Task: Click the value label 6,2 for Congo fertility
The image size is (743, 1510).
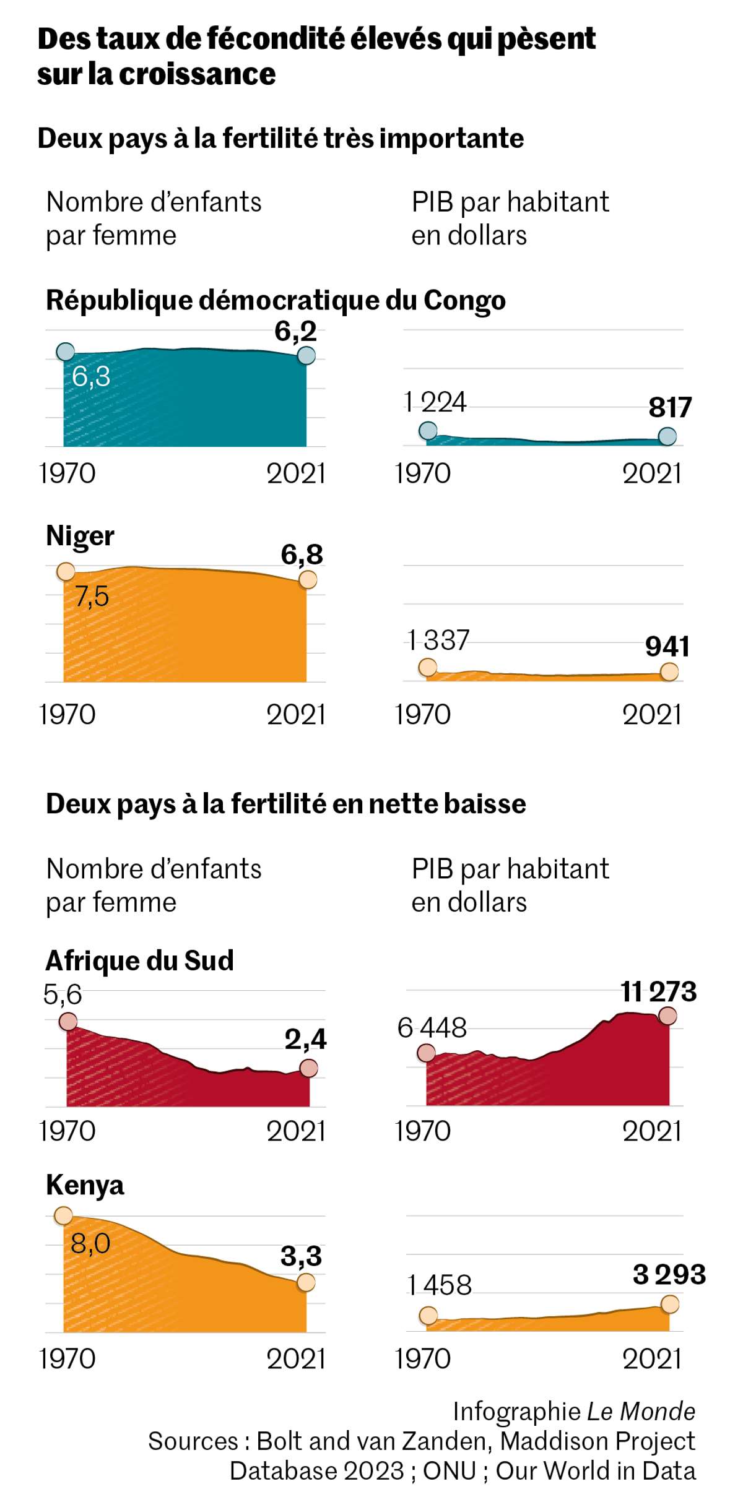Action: pyautogui.click(x=296, y=331)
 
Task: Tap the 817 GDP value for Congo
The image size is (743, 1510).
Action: pyautogui.click(x=670, y=407)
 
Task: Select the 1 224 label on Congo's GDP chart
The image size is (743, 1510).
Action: pyautogui.click(x=435, y=402)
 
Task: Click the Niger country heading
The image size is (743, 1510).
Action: pyautogui.click(x=80, y=536)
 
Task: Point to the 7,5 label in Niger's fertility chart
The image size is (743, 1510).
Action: pyautogui.click(x=92, y=597)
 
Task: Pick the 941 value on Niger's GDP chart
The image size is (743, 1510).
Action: pyautogui.click(x=667, y=646)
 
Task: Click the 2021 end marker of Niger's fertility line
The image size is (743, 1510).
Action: pyautogui.click(x=308, y=580)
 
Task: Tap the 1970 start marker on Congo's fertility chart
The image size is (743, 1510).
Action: pyautogui.click(x=65, y=352)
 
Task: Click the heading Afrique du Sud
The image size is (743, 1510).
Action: pyautogui.click(x=140, y=961)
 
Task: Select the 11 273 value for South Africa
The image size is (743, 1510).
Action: pyautogui.click(x=659, y=991)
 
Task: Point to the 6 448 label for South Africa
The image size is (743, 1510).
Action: pyautogui.click(x=432, y=1028)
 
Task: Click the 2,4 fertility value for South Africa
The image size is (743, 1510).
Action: pyautogui.click(x=305, y=1039)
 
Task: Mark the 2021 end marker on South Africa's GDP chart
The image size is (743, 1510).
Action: pyautogui.click(x=668, y=1016)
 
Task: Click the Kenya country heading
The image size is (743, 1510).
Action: pyautogui.click(x=85, y=1185)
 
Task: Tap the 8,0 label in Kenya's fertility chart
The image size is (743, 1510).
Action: pyautogui.click(x=90, y=1243)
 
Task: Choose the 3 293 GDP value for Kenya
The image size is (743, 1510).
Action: pyautogui.click(x=669, y=1274)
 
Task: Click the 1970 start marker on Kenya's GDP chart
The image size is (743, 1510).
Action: pyautogui.click(x=428, y=1316)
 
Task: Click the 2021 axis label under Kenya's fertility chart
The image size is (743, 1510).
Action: pyautogui.click(x=296, y=1359)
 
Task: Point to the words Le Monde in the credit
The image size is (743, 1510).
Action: pyautogui.click(x=641, y=1412)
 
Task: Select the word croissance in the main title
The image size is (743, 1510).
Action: pyautogui.click(x=197, y=74)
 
